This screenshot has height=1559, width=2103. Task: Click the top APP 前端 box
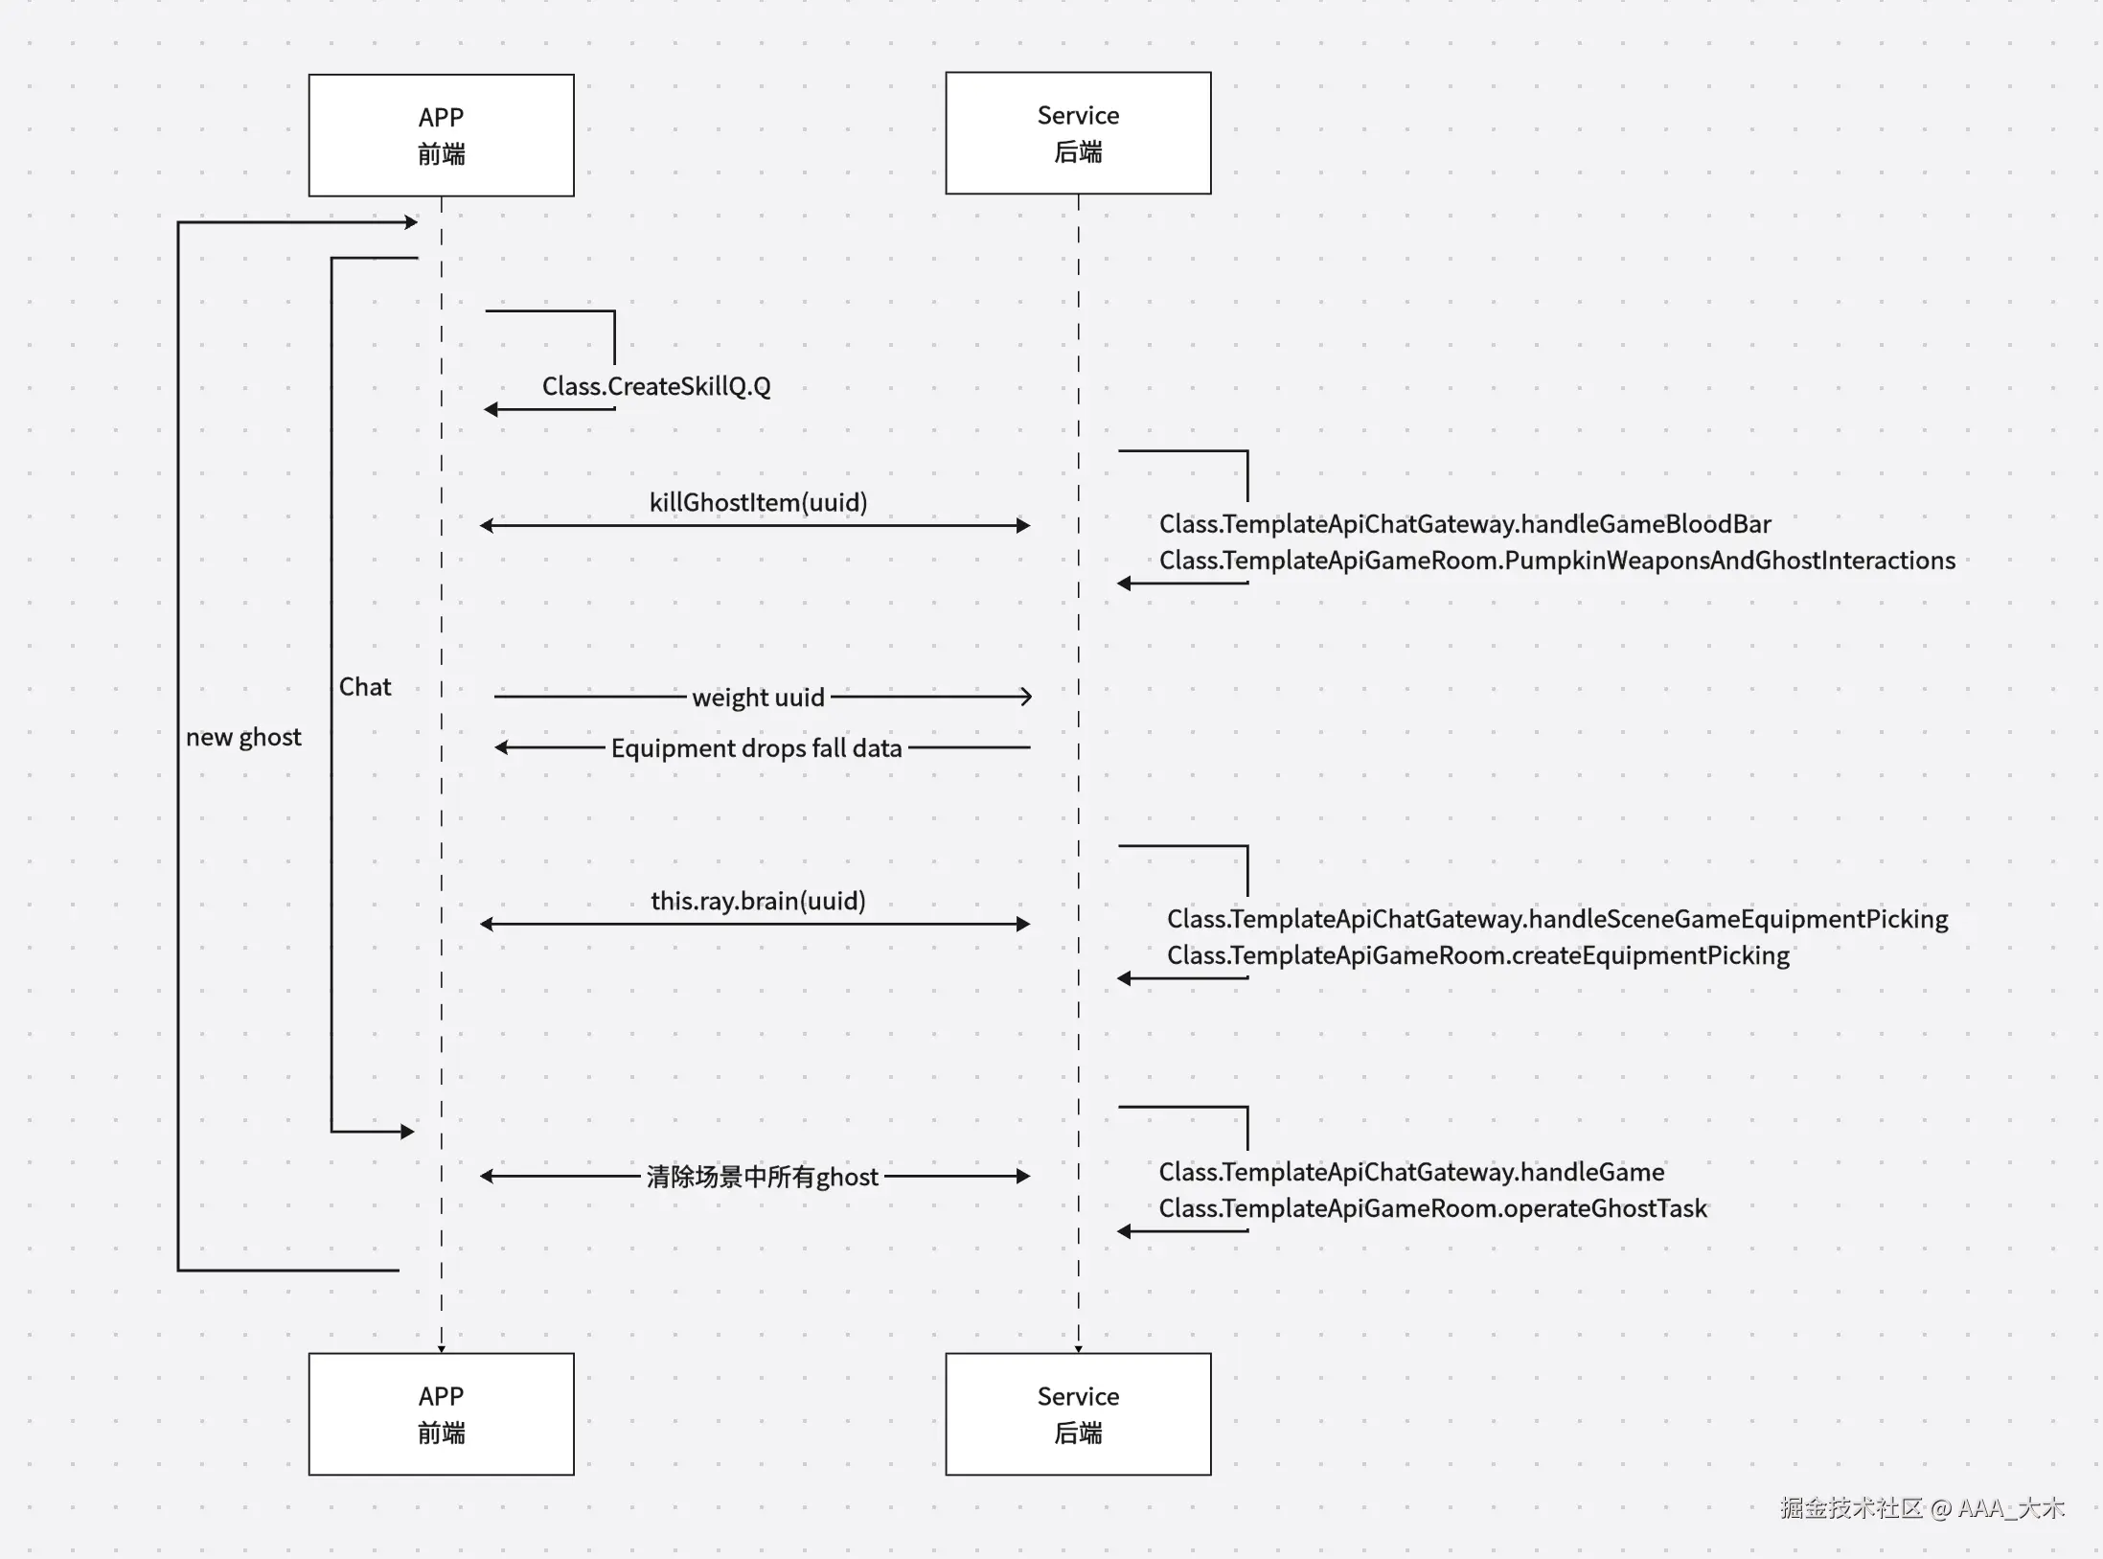pos(441,135)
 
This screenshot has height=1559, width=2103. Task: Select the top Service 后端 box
pos(1078,133)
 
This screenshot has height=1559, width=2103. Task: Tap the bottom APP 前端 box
pos(441,1414)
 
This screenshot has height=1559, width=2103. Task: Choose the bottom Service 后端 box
pos(1078,1414)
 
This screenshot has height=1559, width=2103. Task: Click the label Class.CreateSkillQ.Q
pos(656,386)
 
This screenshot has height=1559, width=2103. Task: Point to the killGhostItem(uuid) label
pos(758,503)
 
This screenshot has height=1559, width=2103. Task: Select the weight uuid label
pos(758,698)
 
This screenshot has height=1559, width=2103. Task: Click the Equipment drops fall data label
pos(756,748)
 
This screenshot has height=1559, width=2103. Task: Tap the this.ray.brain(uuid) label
pos(758,901)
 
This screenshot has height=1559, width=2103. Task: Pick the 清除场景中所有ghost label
pos(762,1177)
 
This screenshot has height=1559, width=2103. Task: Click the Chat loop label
pos(365,687)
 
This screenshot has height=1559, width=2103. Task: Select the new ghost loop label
pos(243,737)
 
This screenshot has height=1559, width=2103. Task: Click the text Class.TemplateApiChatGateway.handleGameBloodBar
pos(1465,524)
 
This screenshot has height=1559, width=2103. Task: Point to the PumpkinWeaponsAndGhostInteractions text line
pos(1557,561)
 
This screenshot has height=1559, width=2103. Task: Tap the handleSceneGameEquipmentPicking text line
pos(1557,919)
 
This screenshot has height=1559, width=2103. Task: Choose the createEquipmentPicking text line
pos(1477,955)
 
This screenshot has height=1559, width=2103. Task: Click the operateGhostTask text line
pos(1432,1208)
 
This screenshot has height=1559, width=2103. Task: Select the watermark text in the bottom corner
pos(1921,1508)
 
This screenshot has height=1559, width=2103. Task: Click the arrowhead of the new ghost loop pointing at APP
pos(412,222)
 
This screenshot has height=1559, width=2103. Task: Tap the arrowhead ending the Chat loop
pos(408,1132)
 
